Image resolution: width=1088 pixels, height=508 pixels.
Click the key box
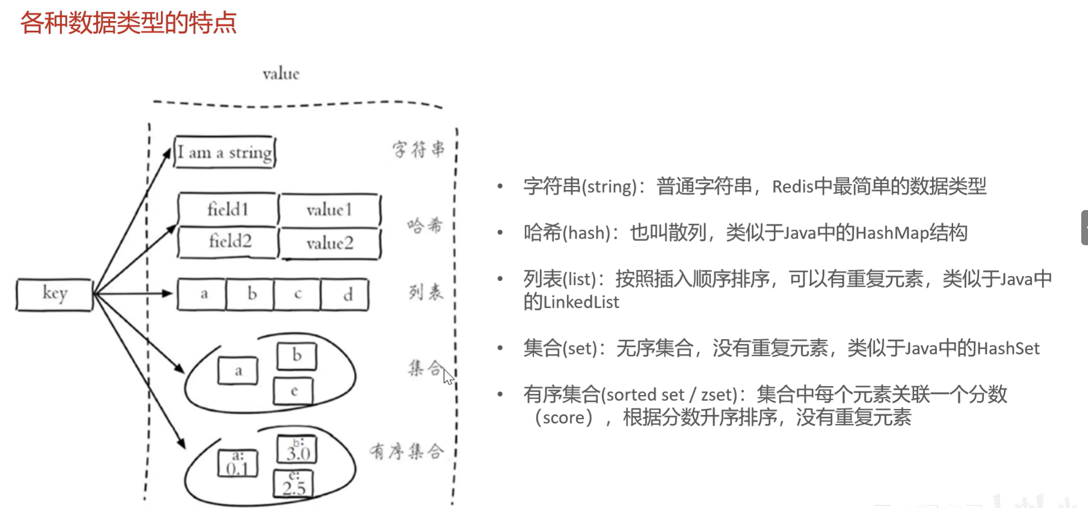(55, 294)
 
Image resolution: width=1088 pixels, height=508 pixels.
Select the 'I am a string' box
(225, 152)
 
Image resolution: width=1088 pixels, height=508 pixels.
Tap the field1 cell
(228, 210)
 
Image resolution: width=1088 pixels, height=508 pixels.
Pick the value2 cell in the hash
(330, 243)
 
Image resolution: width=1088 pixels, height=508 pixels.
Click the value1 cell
(329, 210)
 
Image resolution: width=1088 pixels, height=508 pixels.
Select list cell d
(346, 295)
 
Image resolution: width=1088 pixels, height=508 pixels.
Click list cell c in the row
(298, 295)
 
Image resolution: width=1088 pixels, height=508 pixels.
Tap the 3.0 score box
(297, 449)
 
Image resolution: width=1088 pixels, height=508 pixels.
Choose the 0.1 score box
(238, 464)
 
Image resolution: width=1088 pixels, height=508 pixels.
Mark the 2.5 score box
(294, 484)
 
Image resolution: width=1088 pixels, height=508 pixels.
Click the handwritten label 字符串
(418, 149)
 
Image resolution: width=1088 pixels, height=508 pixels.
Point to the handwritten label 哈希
(425, 225)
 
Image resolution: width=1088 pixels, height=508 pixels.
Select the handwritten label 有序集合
(407, 451)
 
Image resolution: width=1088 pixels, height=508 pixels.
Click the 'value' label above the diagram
(281, 74)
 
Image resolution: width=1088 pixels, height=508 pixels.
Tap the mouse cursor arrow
(448, 376)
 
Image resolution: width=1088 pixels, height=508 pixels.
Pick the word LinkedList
(581, 302)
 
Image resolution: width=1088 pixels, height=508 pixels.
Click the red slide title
(129, 23)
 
